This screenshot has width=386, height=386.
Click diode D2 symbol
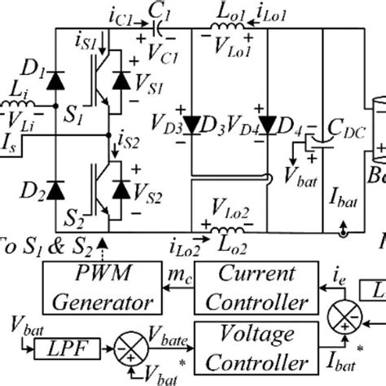(x=55, y=189)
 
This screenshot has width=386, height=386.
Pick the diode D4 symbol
(x=263, y=124)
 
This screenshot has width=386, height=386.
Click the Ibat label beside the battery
(x=343, y=196)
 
